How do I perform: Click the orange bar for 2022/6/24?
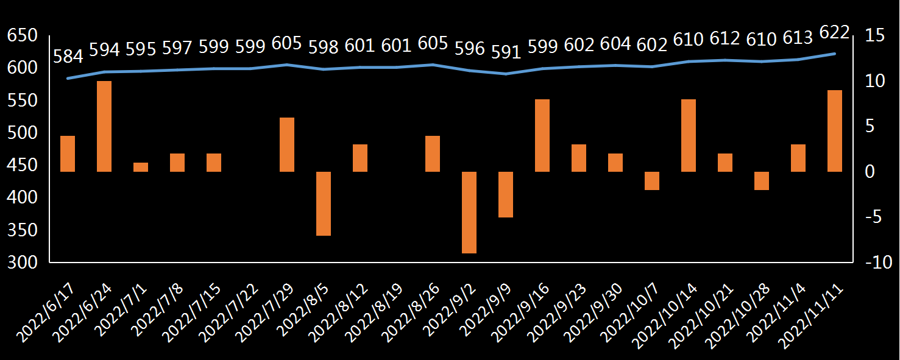tap(104, 126)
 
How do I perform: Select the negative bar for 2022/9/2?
tap(469, 212)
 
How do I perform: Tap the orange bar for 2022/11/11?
tap(835, 131)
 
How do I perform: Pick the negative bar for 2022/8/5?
tap(324, 203)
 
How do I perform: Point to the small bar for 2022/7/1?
tap(141, 167)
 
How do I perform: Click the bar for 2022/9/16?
tap(542, 135)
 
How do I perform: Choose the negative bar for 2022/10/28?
tap(762, 181)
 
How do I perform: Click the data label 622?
tap(835, 32)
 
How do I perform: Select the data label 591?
tap(506, 52)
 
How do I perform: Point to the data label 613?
tap(798, 38)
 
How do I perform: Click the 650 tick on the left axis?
tap(23, 35)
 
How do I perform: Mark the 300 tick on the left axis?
tap(23, 263)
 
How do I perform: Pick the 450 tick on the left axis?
tap(23, 165)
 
